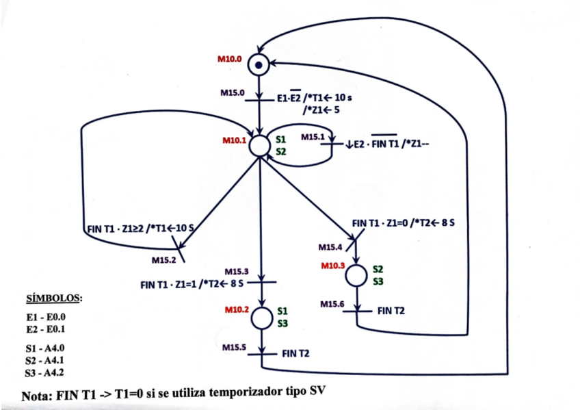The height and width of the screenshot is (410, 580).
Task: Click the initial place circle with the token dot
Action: [259, 65]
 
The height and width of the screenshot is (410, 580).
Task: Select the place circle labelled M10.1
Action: [260, 146]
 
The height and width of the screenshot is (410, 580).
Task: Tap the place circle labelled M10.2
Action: [262, 318]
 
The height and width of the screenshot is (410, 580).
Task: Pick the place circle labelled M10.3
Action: [356, 275]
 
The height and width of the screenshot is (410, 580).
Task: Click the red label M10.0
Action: [229, 59]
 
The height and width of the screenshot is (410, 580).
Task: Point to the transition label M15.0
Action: [233, 93]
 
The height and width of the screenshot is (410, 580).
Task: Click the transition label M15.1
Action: [313, 138]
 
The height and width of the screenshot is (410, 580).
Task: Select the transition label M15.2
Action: [163, 260]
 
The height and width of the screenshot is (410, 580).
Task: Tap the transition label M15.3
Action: [237, 272]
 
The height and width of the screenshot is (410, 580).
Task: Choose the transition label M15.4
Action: [330, 247]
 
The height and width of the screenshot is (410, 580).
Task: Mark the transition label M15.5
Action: [234, 348]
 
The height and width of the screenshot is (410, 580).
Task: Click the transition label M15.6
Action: [332, 304]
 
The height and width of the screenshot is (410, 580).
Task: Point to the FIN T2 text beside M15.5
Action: [295, 354]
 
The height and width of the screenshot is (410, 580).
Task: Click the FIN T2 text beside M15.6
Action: [391, 311]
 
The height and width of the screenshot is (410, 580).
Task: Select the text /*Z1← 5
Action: [321, 110]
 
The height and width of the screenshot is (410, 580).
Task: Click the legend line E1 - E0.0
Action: [46, 317]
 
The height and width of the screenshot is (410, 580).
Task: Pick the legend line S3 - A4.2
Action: [44, 372]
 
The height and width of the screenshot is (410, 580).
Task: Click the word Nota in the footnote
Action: [37, 396]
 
